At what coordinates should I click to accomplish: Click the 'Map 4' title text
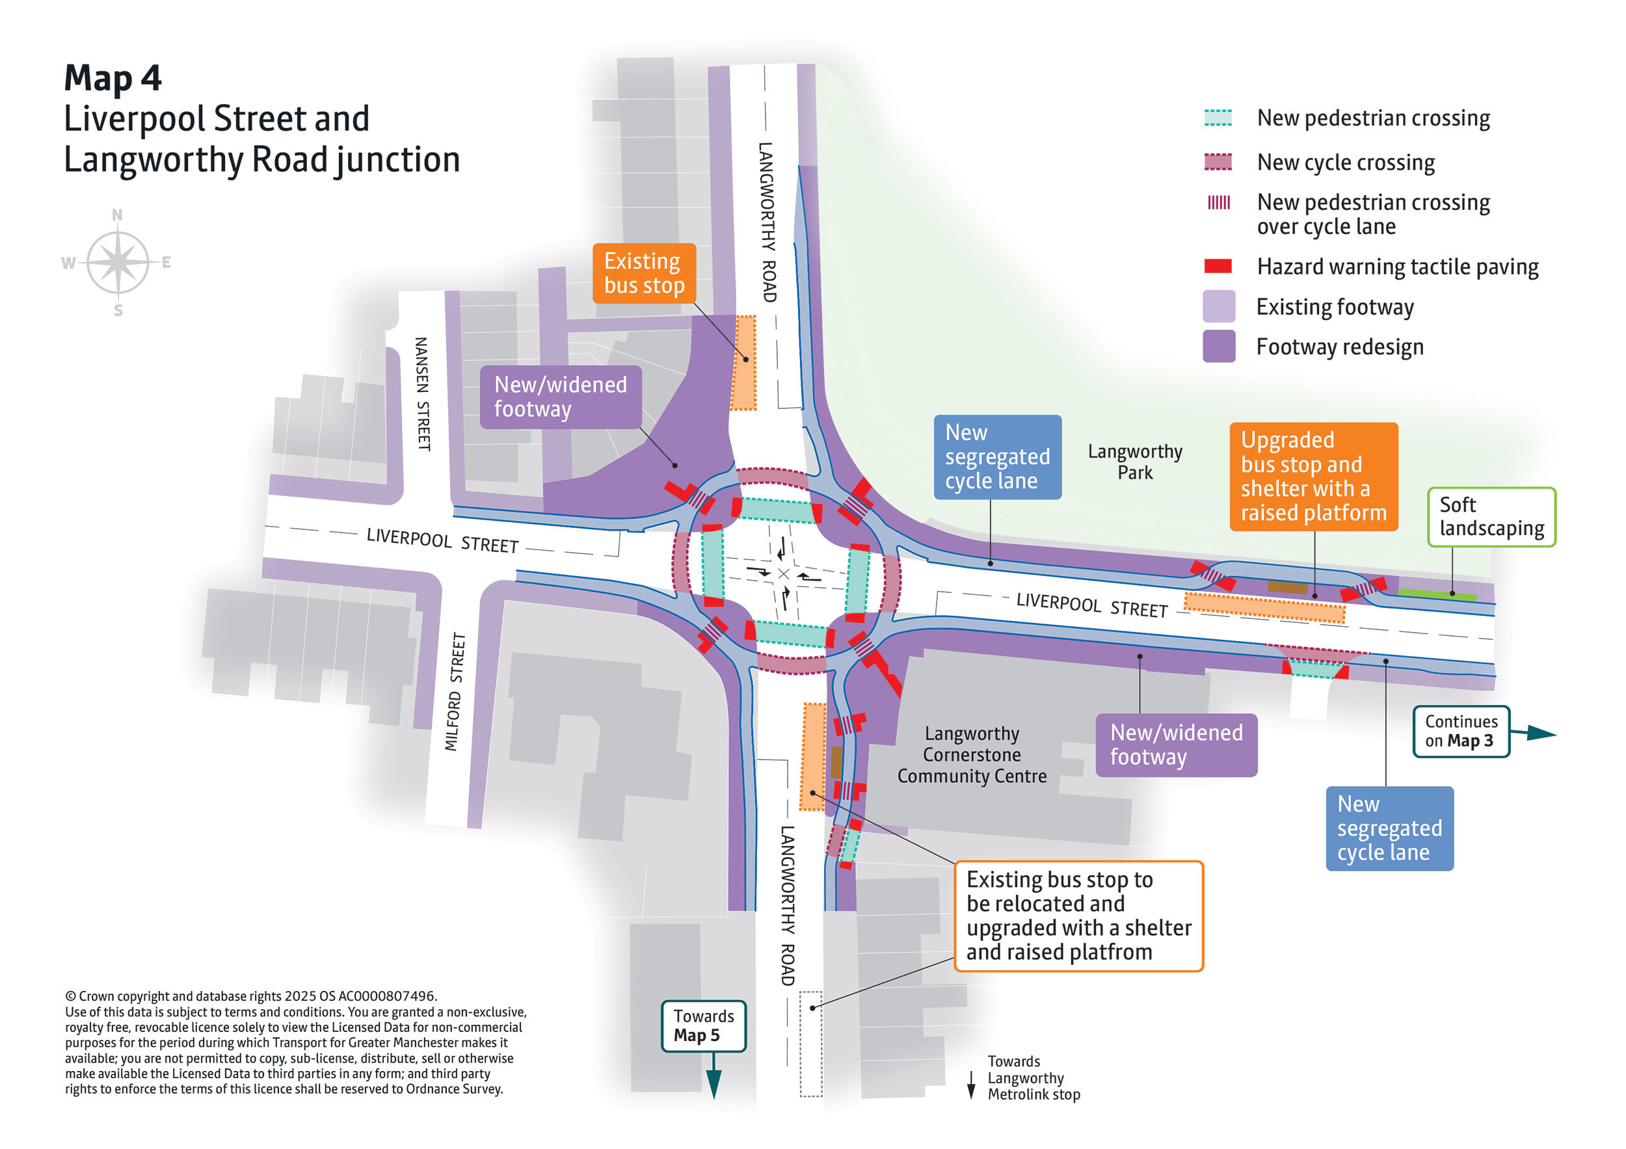pyautogui.click(x=113, y=77)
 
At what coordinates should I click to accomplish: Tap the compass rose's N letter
pyautogui.click(x=117, y=215)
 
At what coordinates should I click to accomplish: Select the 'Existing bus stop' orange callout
pyautogui.click(x=644, y=273)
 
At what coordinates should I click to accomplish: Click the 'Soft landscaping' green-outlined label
pyautogui.click(x=1491, y=517)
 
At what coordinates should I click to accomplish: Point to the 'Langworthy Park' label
pyautogui.click(x=1134, y=462)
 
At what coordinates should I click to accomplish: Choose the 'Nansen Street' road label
pyautogui.click(x=422, y=393)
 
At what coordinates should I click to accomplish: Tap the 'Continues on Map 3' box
pyautogui.click(x=1461, y=732)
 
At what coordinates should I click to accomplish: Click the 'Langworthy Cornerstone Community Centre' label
pyautogui.click(x=972, y=755)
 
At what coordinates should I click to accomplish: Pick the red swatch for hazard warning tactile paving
pyautogui.click(x=1218, y=266)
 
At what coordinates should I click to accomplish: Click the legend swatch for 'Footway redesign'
pyautogui.click(x=1219, y=347)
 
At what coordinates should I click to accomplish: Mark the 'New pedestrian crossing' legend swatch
pyautogui.click(x=1218, y=118)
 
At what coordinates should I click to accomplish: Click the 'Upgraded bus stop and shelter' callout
pyautogui.click(x=1314, y=477)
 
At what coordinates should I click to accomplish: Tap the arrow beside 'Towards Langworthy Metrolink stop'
pyautogui.click(x=972, y=1085)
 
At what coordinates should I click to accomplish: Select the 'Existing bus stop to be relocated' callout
pyautogui.click(x=1078, y=916)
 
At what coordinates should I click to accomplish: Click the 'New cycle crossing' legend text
pyautogui.click(x=1346, y=163)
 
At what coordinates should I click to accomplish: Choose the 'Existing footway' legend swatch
pyautogui.click(x=1219, y=306)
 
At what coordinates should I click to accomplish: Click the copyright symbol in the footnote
pyautogui.click(x=71, y=997)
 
